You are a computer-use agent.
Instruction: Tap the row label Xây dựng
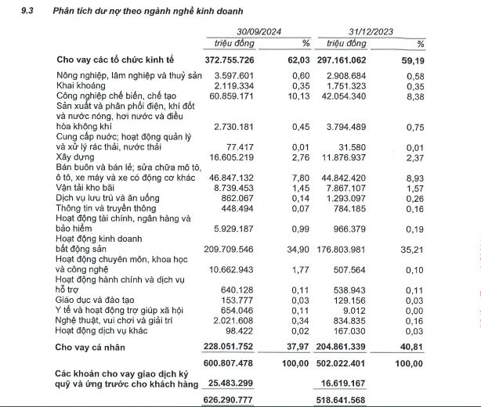pyautogui.click(x=74, y=157)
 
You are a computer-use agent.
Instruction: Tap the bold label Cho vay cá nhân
pyautogui.click(x=96, y=348)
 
